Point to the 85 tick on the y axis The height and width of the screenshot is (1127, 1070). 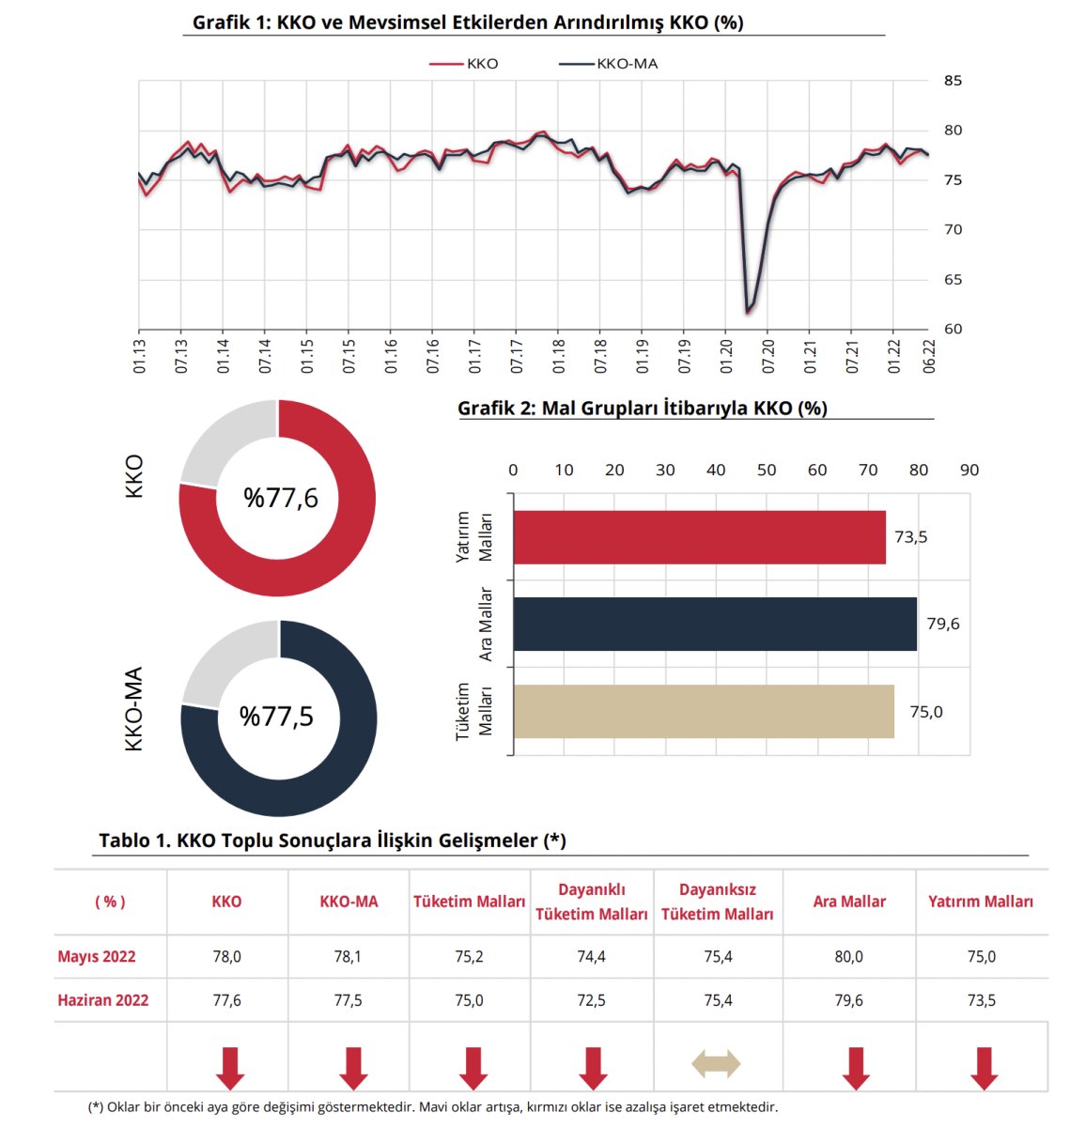coord(953,81)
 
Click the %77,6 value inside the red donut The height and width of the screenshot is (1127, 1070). coord(280,498)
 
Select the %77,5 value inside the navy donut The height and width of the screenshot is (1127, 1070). coord(277,717)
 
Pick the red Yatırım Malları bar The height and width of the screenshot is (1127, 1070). coord(699,537)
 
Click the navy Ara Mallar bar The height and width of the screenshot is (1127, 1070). coord(714,624)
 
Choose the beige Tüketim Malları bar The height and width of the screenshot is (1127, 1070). coord(703,711)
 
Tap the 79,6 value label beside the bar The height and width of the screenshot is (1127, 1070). coord(942,624)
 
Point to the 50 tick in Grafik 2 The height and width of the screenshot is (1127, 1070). coord(767,470)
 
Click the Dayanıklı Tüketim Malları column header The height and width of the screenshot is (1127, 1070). coord(591,902)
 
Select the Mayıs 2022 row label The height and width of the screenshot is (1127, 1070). coord(97,956)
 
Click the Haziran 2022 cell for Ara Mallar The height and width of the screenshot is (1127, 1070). coord(848,1000)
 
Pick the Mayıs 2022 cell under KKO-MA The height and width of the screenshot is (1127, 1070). coord(349,956)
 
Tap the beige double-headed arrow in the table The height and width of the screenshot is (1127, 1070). coord(716,1065)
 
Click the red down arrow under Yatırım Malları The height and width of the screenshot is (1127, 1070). coord(983,1068)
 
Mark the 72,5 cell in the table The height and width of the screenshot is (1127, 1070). coord(591,1000)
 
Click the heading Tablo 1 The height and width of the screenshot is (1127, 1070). coord(333,840)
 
